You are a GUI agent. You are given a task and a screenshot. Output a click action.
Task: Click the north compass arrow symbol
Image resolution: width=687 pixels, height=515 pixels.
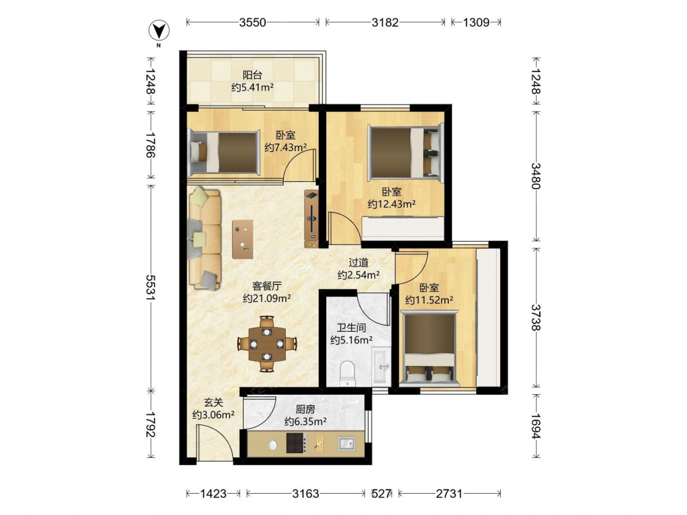click(159, 31)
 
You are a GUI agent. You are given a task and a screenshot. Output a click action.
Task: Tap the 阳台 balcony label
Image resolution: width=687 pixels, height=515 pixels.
click(252, 75)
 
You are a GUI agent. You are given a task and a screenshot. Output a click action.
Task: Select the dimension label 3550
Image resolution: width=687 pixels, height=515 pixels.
click(252, 23)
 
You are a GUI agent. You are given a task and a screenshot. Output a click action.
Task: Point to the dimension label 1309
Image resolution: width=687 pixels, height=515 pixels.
click(476, 23)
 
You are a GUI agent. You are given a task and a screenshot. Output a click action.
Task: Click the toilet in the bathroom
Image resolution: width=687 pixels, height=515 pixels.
click(348, 374)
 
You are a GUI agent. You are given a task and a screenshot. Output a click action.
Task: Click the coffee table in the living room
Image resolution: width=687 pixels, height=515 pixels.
click(243, 239)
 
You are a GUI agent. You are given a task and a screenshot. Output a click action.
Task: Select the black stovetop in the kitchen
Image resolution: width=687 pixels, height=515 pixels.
click(295, 443)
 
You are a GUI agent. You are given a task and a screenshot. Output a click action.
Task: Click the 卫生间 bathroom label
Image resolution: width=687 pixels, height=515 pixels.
click(351, 328)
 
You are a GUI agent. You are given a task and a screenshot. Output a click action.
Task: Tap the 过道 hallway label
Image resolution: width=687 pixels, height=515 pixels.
click(359, 262)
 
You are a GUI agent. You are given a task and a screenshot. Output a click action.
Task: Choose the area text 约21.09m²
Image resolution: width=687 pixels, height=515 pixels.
click(267, 299)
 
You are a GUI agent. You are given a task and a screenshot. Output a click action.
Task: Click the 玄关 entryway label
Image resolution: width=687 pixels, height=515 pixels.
click(214, 402)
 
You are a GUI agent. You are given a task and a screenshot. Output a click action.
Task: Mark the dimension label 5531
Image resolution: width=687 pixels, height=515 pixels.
click(151, 288)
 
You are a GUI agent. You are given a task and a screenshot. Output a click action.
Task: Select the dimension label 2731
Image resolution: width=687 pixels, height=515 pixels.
click(449, 494)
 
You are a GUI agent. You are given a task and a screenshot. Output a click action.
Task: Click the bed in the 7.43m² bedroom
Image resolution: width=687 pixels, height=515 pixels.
click(222, 152)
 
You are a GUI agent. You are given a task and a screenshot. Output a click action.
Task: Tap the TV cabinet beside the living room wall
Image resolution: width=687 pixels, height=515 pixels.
click(311, 219)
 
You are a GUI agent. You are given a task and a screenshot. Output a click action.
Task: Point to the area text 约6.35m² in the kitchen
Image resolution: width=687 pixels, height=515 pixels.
click(306, 422)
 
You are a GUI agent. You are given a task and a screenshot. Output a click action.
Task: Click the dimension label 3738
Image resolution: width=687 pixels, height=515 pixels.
click(535, 317)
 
